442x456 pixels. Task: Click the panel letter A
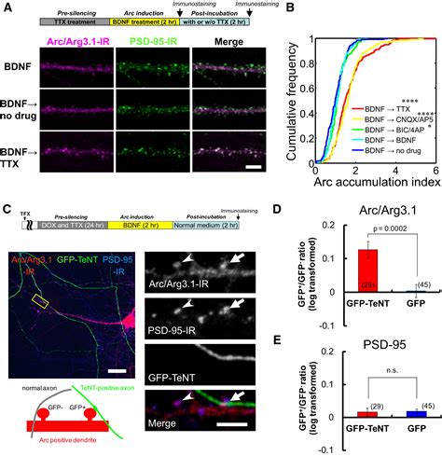[7, 8]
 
